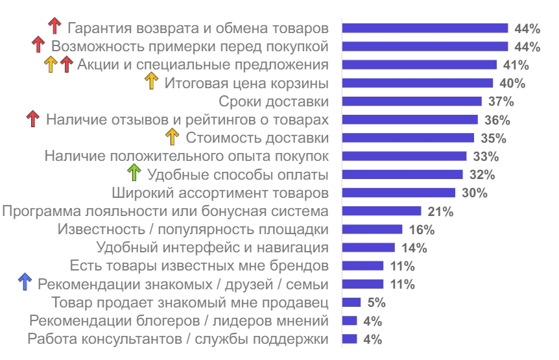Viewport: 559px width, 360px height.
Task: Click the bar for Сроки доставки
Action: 412,101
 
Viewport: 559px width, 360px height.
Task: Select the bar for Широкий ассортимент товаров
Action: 399,193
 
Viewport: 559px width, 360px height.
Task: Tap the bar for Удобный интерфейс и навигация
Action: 368,247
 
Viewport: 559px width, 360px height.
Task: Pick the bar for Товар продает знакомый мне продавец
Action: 351,302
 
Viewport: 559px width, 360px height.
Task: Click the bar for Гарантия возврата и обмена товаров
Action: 425,28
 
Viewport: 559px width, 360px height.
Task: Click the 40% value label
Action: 512,83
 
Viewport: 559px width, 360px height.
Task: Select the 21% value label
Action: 440,211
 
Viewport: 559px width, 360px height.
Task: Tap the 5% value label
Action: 376,302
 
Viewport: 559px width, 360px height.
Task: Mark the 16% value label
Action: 421,230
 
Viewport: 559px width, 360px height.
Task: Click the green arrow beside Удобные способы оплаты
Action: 134,173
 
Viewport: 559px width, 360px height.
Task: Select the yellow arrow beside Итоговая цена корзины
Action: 151,82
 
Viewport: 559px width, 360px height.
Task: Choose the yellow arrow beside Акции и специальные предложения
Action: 51,64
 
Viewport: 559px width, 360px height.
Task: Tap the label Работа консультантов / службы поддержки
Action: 178,339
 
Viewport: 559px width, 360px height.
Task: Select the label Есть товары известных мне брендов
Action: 198,266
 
